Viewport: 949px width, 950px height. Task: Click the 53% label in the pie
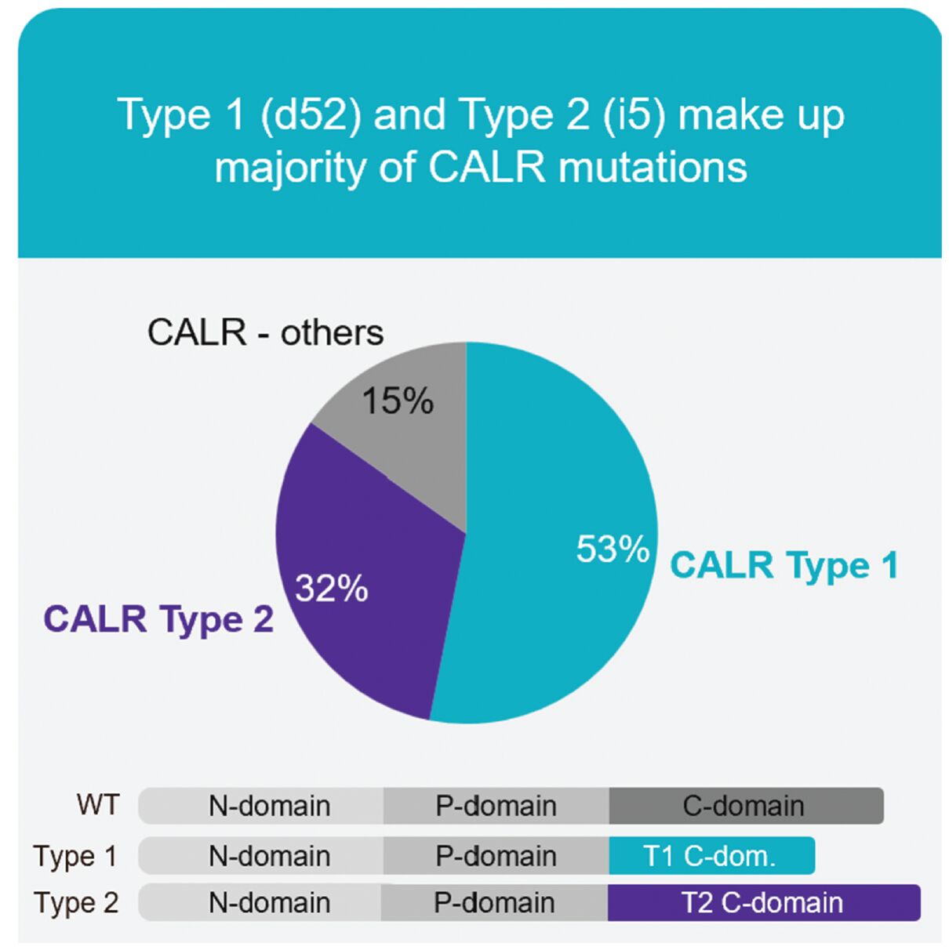[613, 549]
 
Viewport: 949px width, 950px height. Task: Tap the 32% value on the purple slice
[332, 588]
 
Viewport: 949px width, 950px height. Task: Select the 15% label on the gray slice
[398, 401]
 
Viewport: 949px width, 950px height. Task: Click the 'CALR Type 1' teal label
[784, 565]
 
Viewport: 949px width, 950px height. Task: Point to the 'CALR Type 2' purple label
[159, 619]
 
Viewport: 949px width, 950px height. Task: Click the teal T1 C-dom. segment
[711, 855]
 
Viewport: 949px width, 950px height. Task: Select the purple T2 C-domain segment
[764, 902]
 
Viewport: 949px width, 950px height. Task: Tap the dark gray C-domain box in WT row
[746, 806]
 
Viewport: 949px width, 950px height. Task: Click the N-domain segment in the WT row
[260, 806]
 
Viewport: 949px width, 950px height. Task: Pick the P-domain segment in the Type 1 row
[496, 855]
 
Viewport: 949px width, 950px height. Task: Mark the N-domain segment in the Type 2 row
[260, 902]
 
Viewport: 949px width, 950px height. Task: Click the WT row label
[98, 804]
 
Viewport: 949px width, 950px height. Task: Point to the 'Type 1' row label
[75, 856]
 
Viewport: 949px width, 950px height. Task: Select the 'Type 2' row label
[77, 903]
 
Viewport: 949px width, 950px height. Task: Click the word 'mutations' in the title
[653, 168]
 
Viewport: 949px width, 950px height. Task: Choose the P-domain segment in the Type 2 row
[494, 902]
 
